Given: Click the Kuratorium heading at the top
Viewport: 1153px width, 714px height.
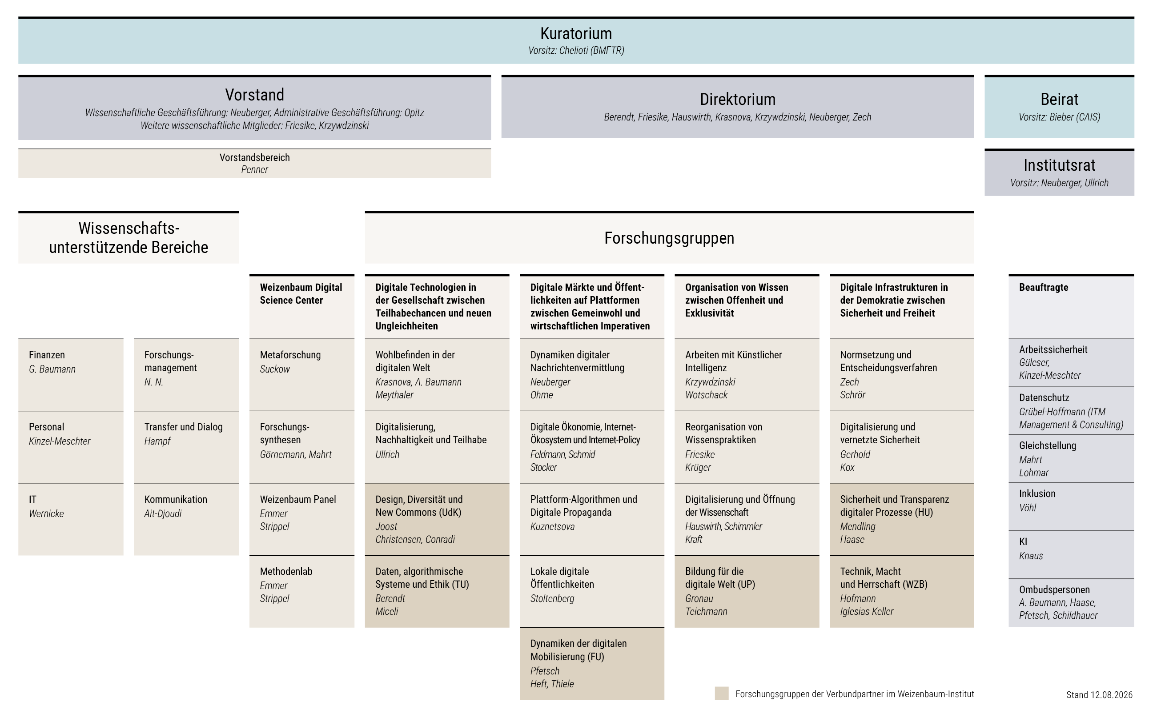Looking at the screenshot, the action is [x=576, y=33].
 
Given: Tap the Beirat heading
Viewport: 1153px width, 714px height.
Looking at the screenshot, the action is [x=1060, y=99].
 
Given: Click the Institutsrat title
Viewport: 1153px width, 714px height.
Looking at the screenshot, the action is [x=1060, y=165].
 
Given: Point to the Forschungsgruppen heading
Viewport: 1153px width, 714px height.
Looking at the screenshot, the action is [x=669, y=238].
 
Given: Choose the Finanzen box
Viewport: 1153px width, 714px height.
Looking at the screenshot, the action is [x=71, y=375].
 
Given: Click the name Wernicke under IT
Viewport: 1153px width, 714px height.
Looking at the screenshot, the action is [x=46, y=513].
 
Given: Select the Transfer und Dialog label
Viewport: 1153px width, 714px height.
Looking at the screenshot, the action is [x=183, y=427].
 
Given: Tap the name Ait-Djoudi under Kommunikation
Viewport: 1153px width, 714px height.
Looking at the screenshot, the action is [x=163, y=513].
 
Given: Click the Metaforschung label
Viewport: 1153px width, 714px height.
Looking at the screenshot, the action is [x=290, y=355].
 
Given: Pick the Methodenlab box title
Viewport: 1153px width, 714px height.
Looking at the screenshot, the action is [x=286, y=571].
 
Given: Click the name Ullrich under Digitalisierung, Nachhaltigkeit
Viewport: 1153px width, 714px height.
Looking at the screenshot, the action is [x=387, y=454].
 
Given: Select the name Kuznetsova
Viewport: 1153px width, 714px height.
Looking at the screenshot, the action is [x=552, y=526].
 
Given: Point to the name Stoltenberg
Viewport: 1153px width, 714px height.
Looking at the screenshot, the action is [x=552, y=598].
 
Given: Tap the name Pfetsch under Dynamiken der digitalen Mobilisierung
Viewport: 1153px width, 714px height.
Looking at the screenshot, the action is [x=545, y=670].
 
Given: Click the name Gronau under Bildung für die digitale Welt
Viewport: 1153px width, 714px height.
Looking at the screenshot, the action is [x=699, y=598].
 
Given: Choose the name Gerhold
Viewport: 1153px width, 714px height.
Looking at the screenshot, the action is [x=855, y=454].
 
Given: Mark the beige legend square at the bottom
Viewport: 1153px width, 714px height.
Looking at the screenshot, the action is [x=721, y=693].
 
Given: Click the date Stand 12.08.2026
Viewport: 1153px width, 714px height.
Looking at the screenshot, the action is [x=1099, y=694].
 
